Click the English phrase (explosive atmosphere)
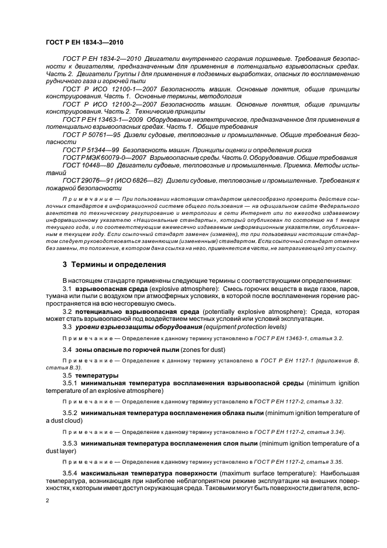pos(189,289)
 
